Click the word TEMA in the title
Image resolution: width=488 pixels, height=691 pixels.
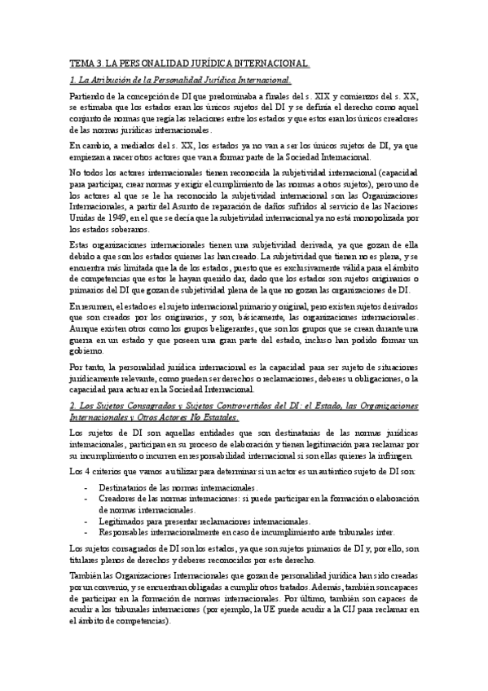pos(80,63)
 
